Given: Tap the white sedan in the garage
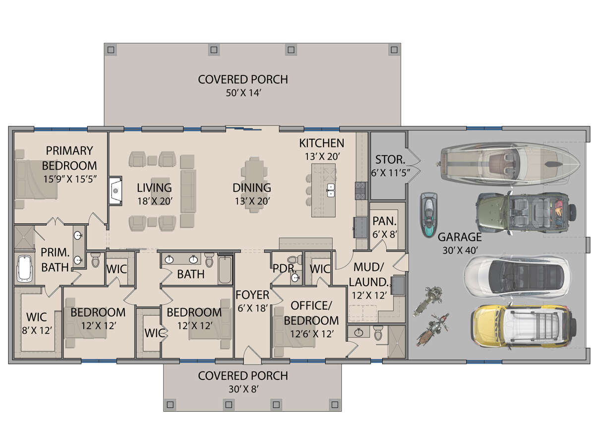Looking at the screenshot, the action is [516, 279].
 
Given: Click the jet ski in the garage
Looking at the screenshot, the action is [428, 215].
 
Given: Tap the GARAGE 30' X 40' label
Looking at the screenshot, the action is [460, 244].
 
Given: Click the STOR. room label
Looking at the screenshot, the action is [390, 160].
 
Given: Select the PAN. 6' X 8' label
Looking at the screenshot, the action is [384, 228].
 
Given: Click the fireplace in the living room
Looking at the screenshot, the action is [115, 191].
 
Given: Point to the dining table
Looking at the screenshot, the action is [254, 185].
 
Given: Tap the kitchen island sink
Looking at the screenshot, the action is [331, 191].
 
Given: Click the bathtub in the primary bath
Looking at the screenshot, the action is [25, 268].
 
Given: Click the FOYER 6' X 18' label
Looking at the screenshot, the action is [252, 301].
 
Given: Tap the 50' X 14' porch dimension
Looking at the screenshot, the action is [243, 93].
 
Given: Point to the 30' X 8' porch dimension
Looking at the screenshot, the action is [243, 389].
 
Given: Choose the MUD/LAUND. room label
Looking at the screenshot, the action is [369, 275].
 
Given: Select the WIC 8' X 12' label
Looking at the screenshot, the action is [37, 324].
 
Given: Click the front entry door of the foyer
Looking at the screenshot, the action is [253, 355].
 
